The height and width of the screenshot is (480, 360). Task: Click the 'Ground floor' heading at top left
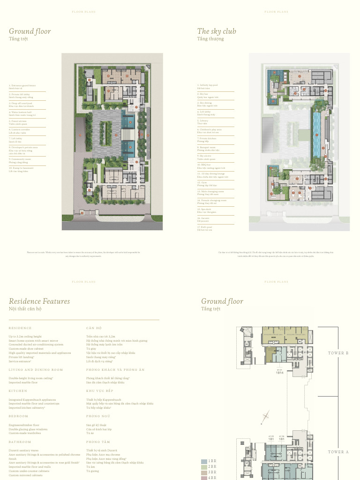[x=30, y=31]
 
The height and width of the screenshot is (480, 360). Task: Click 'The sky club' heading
[x=217, y=31]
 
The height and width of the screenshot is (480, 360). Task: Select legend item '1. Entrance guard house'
[x=22, y=86]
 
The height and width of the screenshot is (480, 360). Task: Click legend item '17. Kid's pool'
[x=205, y=227]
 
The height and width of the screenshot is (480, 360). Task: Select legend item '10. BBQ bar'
[x=204, y=165]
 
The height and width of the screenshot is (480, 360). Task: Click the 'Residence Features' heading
[x=39, y=301]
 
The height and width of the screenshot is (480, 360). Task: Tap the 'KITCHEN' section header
[x=18, y=391]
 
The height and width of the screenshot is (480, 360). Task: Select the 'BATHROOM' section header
[x=20, y=442]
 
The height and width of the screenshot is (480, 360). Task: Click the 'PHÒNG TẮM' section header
[x=97, y=442]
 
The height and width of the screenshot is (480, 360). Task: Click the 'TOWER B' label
[x=338, y=353]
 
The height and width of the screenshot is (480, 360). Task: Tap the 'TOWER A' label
[x=338, y=452]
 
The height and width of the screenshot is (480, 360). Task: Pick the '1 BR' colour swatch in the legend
[x=204, y=462]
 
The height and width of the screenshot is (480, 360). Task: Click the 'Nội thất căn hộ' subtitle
[x=25, y=309]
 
